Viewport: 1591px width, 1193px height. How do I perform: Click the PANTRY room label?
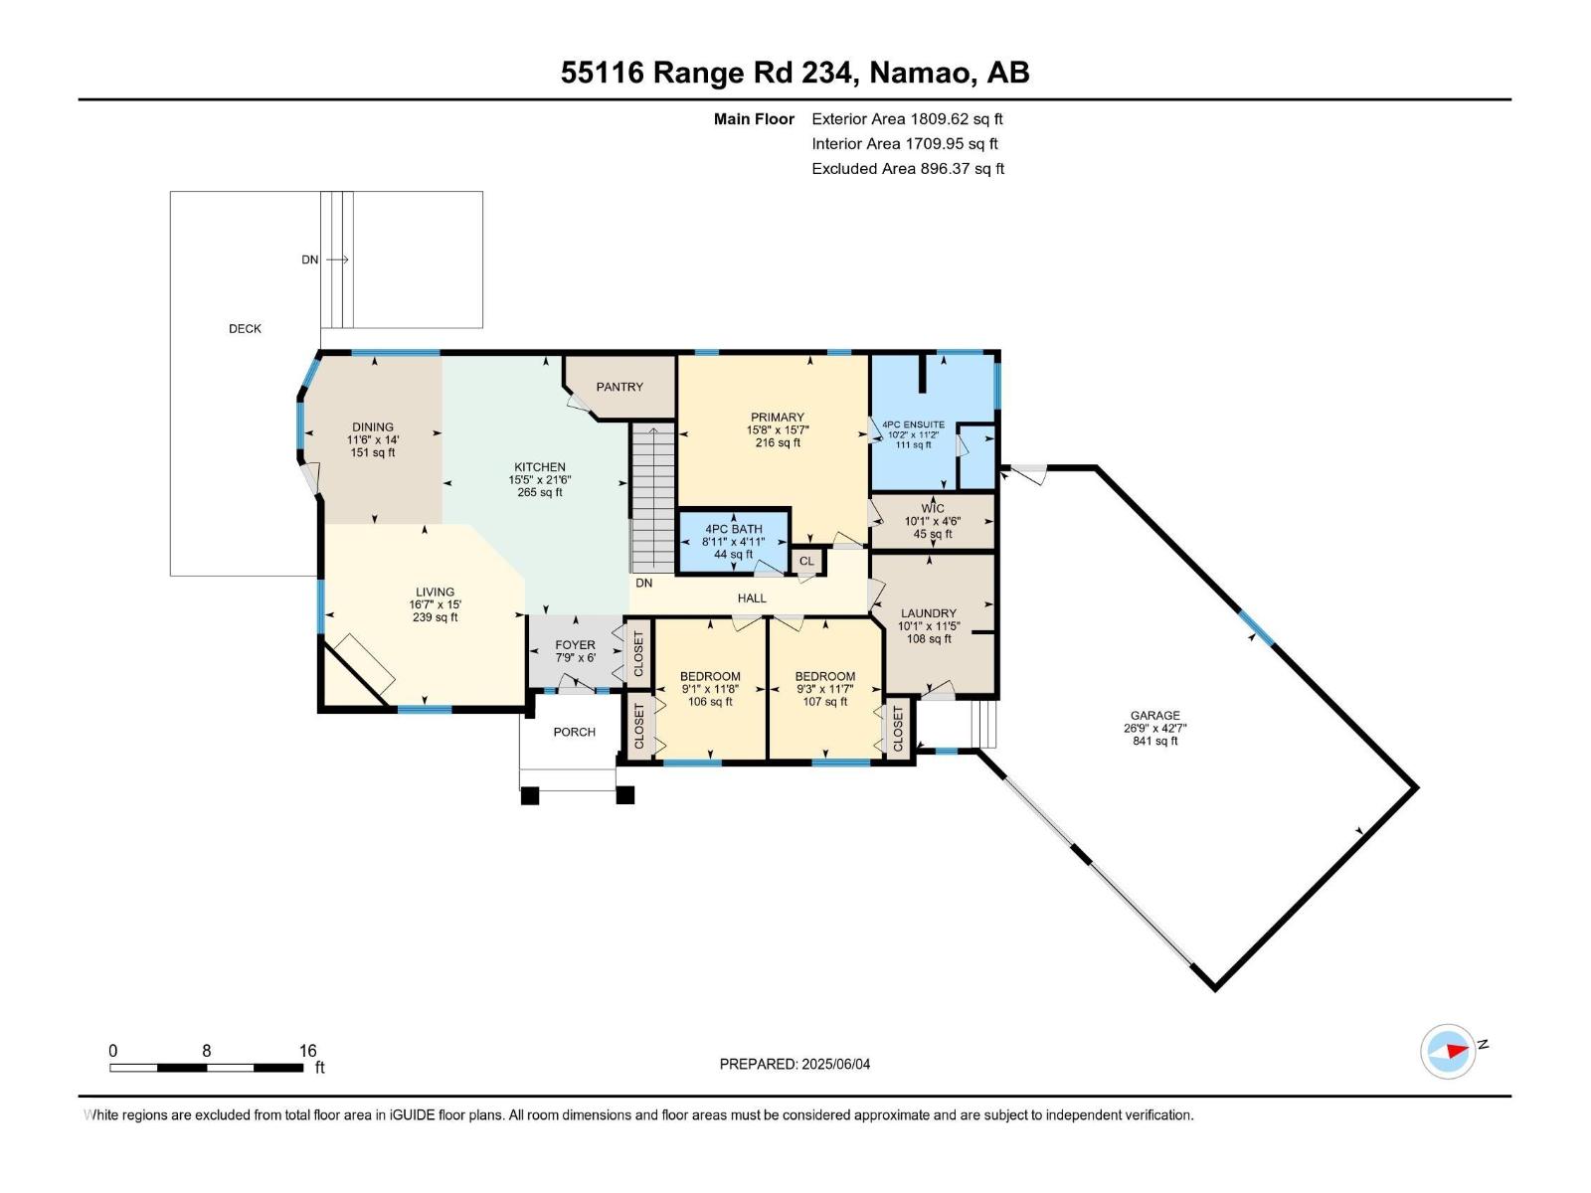click(619, 387)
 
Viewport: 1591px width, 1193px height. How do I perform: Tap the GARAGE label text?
click(1154, 715)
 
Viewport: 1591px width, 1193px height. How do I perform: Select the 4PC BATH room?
click(733, 542)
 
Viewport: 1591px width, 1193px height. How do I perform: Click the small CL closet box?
click(806, 561)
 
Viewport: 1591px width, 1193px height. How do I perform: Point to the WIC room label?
click(932, 508)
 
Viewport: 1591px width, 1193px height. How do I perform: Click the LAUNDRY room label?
click(928, 613)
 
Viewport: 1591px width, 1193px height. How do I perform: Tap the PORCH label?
click(574, 732)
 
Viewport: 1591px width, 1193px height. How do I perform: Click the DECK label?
click(245, 328)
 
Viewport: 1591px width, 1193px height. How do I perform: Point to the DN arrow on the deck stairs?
click(336, 259)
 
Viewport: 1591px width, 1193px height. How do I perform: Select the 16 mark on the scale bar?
click(307, 1051)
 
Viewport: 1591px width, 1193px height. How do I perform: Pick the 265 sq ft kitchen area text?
click(539, 492)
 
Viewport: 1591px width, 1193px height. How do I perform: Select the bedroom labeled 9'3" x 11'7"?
click(824, 688)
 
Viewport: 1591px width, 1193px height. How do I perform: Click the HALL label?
click(752, 597)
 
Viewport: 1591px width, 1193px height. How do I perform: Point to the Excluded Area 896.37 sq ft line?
click(907, 169)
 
